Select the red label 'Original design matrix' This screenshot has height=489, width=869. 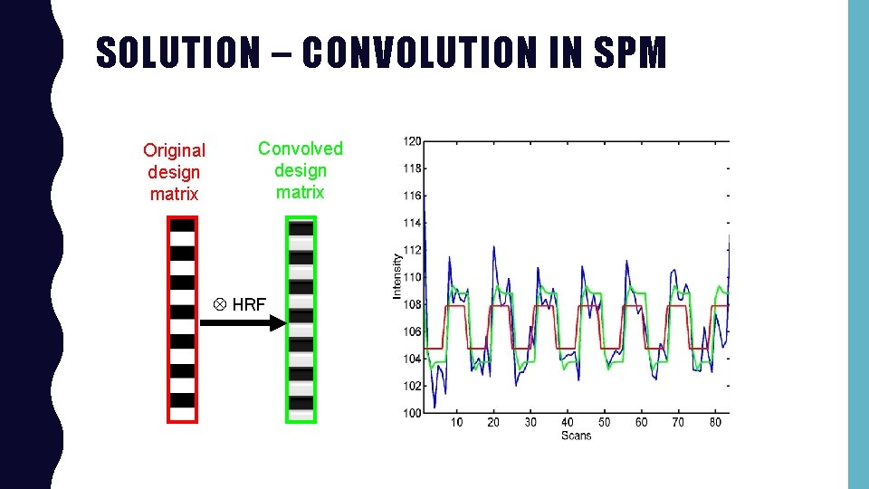click(x=174, y=172)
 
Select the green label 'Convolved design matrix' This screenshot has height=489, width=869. click(x=301, y=170)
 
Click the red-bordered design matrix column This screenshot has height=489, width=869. click(x=182, y=320)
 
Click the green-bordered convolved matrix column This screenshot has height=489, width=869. click(x=301, y=320)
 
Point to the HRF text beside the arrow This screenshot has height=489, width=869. click(x=249, y=305)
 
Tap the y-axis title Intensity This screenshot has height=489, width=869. click(x=396, y=276)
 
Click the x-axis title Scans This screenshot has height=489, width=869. click(x=576, y=436)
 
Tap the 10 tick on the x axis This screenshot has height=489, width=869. click(x=456, y=422)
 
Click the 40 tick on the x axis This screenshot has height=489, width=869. click(x=568, y=422)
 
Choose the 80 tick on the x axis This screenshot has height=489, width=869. click(x=716, y=422)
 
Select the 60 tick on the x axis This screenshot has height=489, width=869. click(x=642, y=422)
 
